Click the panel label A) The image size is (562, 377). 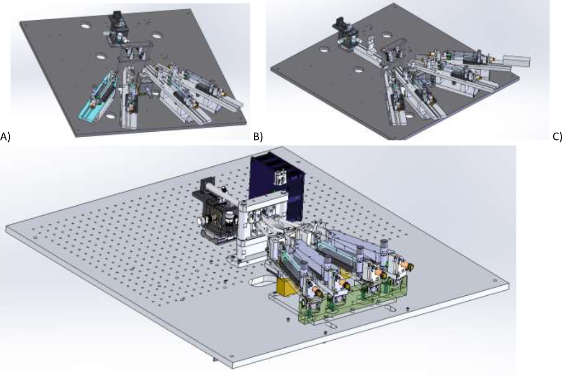5,137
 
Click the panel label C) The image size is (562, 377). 558,137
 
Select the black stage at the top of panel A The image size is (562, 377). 118,27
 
